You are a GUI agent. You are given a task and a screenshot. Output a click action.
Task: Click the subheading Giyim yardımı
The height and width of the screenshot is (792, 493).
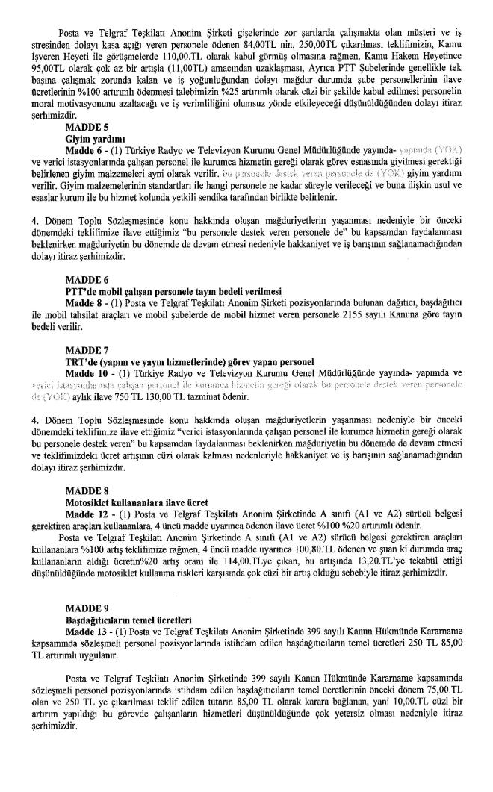click(x=90, y=139)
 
